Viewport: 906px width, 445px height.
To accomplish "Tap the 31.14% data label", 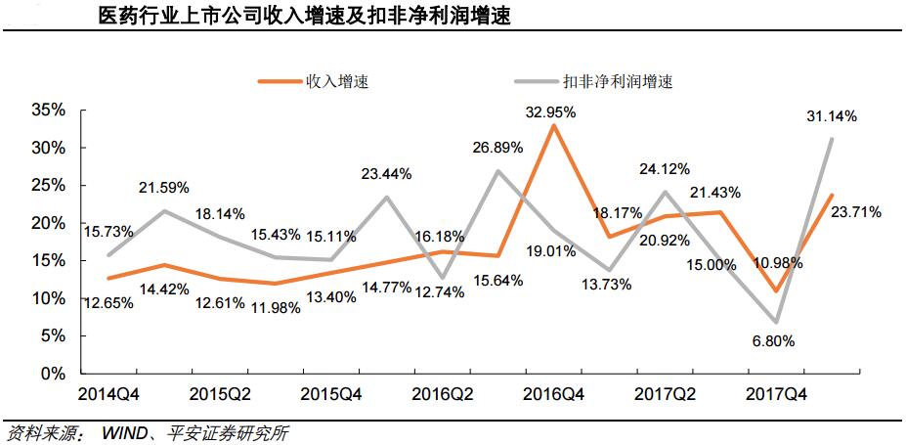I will (x=831, y=116).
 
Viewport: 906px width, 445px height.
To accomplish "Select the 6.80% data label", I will (x=772, y=341).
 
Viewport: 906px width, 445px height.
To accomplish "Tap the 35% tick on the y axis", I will (x=48, y=111).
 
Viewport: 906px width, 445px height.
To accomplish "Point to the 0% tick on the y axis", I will (x=55, y=374).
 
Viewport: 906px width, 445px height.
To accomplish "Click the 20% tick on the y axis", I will (x=48, y=223).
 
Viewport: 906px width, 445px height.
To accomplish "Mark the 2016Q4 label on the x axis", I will (x=554, y=398).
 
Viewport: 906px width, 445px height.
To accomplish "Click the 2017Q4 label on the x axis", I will (x=776, y=398).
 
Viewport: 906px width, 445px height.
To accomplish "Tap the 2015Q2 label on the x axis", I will (x=220, y=398).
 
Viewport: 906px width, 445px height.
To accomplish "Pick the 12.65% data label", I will (x=106, y=302).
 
